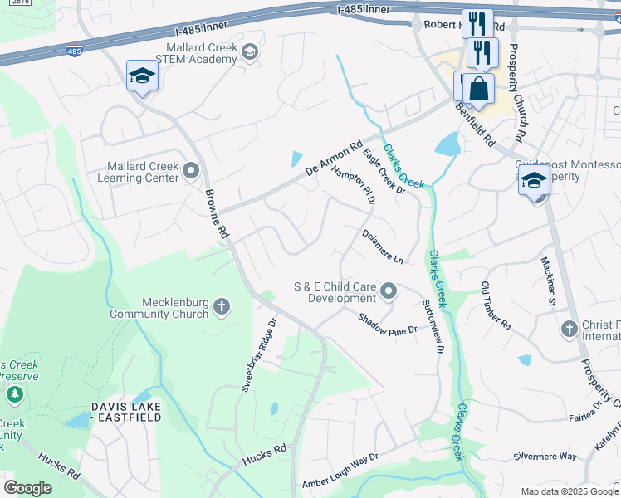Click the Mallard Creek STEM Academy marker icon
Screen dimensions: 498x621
point(248,53)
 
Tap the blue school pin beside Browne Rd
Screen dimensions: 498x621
point(142,77)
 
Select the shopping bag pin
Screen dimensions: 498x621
point(478,89)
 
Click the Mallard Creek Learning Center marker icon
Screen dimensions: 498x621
point(192,171)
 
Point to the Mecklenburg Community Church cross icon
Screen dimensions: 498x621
point(222,308)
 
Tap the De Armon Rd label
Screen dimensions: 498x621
point(335,156)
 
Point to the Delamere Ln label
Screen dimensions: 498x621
point(382,247)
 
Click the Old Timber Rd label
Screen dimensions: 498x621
point(493,305)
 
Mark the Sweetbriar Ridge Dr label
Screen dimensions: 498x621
point(257,354)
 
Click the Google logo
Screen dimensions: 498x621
point(27,488)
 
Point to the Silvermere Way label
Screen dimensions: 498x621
point(545,456)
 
